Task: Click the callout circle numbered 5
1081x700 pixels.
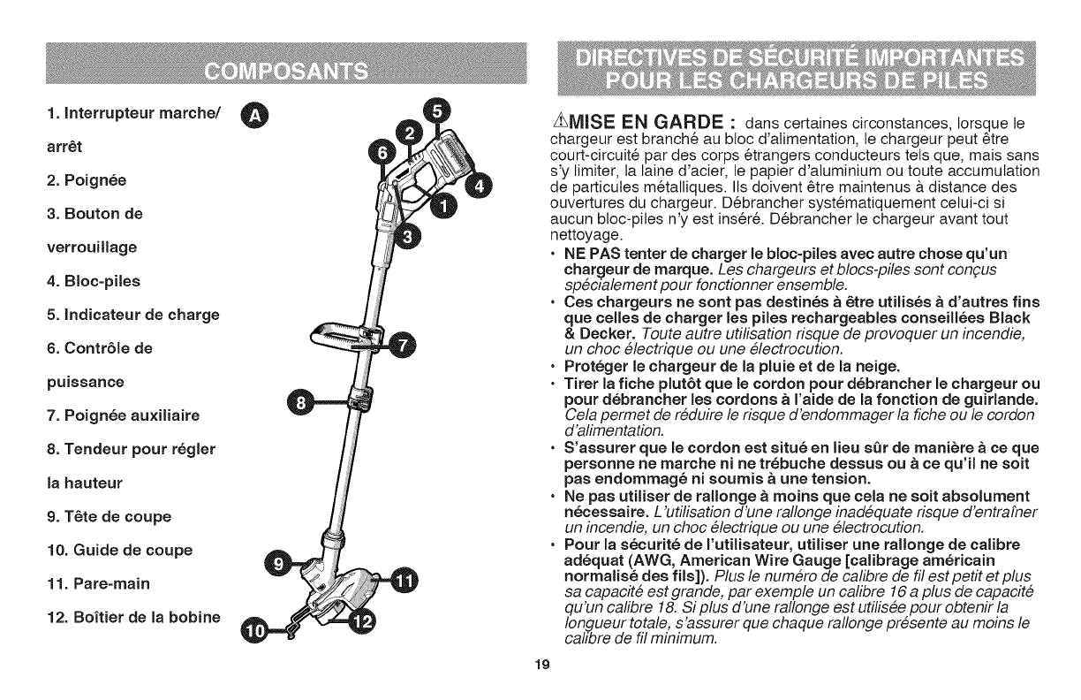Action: point(437,112)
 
